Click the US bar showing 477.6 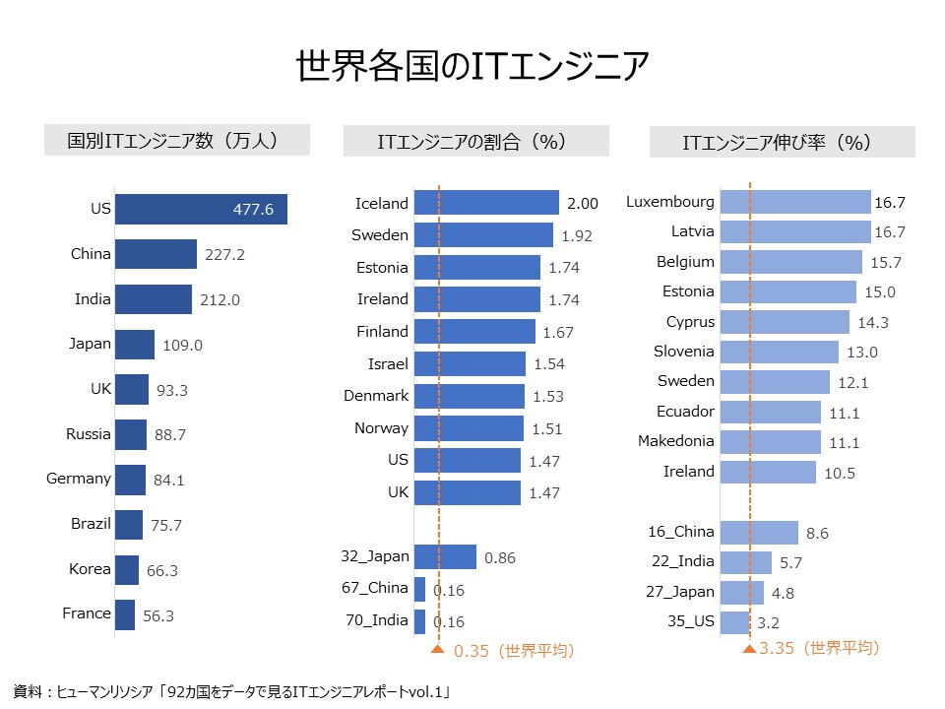(201, 209)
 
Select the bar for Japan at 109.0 (135, 345)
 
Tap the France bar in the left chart (125, 614)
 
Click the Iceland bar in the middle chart (486, 203)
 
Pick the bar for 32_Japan (445, 557)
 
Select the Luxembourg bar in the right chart (795, 202)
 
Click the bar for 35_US (735, 622)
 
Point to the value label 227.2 (224, 255)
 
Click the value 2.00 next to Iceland (583, 204)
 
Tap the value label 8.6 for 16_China (817, 534)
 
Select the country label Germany (79, 480)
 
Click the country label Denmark (376, 396)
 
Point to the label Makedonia (676, 441)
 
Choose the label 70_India (377, 620)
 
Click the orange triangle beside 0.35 (437, 649)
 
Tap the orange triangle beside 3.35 (750, 649)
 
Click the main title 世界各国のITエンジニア (472, 66)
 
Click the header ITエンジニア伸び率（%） (778, 142)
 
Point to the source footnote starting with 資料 (232, 691)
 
